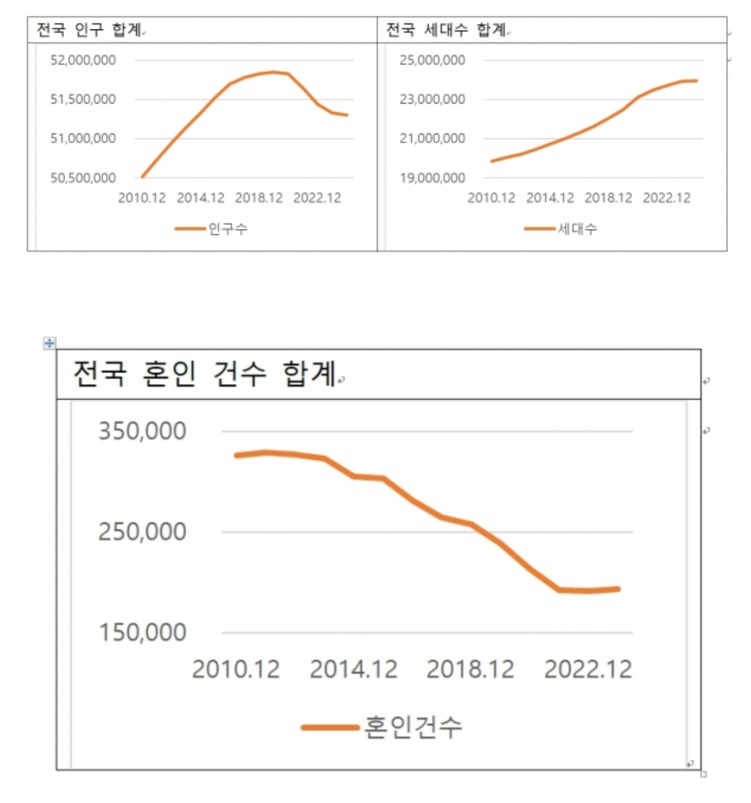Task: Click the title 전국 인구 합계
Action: (89, 30)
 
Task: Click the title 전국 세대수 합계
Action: (444, 30)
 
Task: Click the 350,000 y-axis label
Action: (142, 432)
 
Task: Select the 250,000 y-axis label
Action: (142, 532)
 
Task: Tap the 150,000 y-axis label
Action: (142, 632)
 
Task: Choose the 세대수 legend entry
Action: (577, 229)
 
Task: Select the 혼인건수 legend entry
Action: (413, 727)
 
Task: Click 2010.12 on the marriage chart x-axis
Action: (236, 669)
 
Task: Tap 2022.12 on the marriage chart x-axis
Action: (589, 669)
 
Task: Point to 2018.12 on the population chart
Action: (259, 198)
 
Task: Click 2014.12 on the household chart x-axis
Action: (551, 198)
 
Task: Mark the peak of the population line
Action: (274, 72)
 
